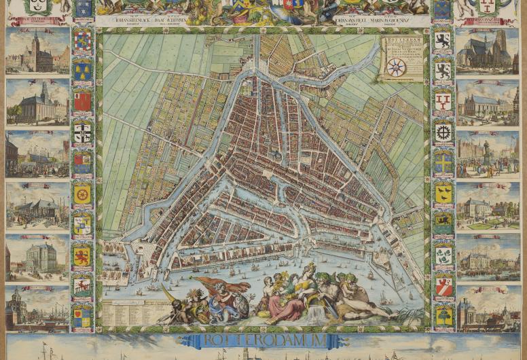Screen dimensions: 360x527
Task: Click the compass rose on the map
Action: coord(396,67)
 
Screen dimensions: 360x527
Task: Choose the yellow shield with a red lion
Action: coord(82,255)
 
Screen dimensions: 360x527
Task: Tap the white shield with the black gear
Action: coord(443,132)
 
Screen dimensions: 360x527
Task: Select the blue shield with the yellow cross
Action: coord(443,163)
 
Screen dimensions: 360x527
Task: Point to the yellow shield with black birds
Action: coord(443,194)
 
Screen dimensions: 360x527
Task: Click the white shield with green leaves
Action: coord(443,255)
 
